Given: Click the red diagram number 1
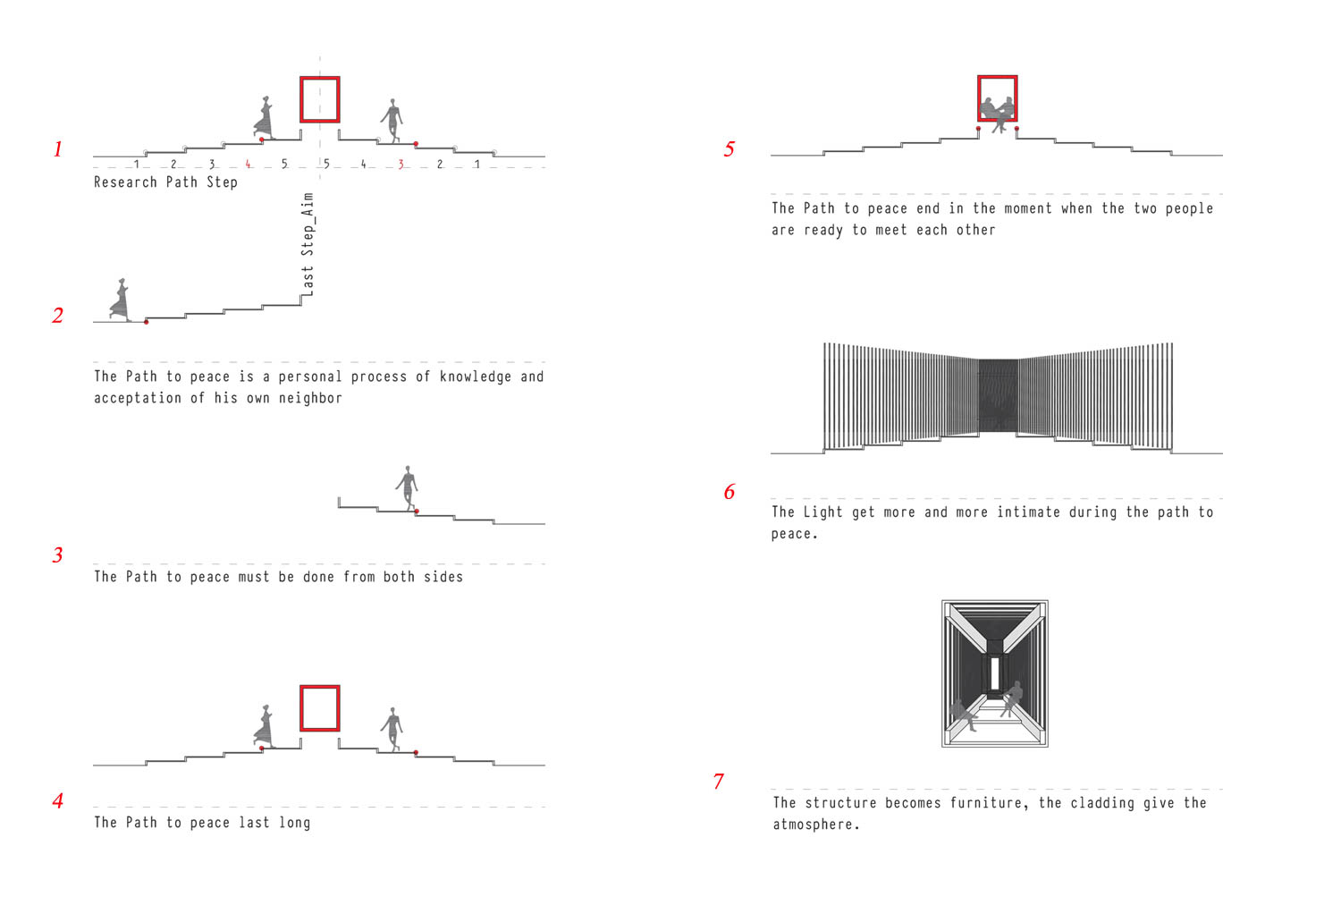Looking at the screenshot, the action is pos(58,149).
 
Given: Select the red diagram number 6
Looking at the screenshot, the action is pos(730,492).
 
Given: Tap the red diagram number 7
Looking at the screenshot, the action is pos(719,782).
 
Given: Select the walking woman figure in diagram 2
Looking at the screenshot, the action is pos(121,300).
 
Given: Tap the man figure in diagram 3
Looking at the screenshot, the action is pos(407,488).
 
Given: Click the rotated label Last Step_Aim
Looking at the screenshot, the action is pos(308,244).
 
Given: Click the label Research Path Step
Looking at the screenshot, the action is pos(165,182).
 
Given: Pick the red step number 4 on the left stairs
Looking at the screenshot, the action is pos(248,164).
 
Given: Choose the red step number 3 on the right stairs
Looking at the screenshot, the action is pos(401,164).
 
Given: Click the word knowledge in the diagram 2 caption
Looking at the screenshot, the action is pos(476,376).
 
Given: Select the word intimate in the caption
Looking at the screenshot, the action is pos(1028,512).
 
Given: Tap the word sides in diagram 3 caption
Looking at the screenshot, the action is pos(443,577).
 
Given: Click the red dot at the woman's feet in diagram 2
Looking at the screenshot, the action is pos(146,322).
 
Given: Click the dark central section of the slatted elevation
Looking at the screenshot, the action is pos(998,396).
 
